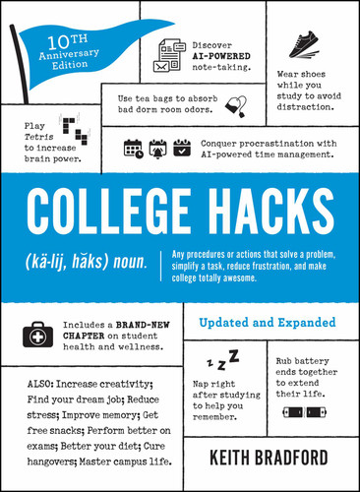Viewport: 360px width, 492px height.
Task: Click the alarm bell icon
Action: click(156, 150)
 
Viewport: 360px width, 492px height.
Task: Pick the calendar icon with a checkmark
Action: click(181, 150)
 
